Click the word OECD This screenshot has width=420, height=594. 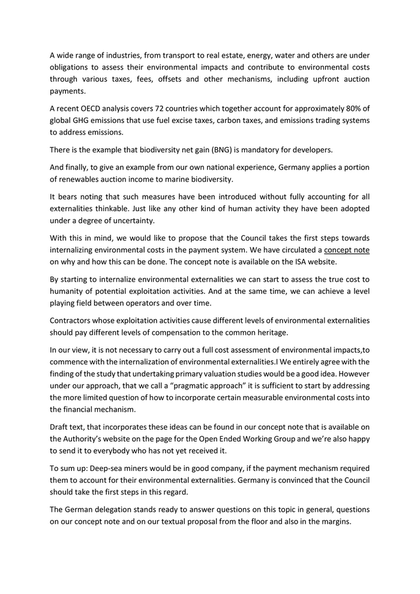click(x=95, y=109)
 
